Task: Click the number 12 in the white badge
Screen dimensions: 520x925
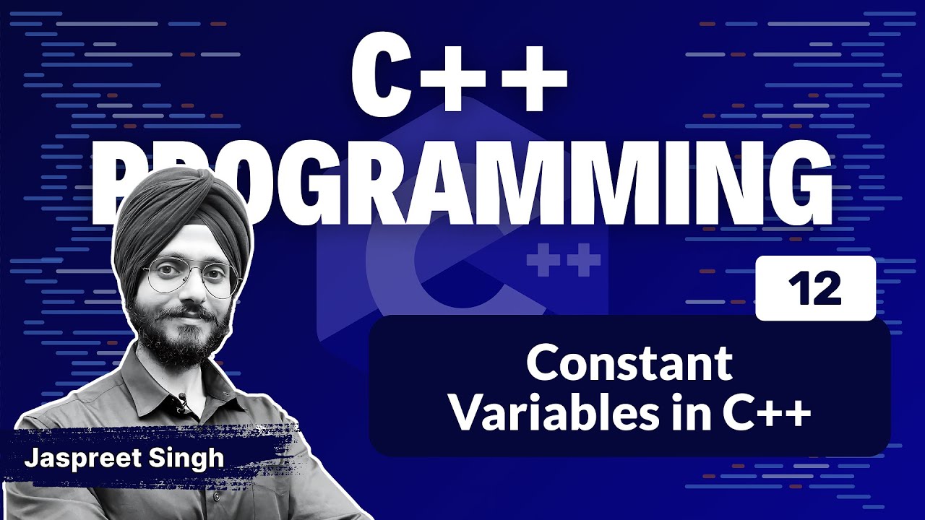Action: point(815,290)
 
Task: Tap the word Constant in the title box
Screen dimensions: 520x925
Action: point(629,364)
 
